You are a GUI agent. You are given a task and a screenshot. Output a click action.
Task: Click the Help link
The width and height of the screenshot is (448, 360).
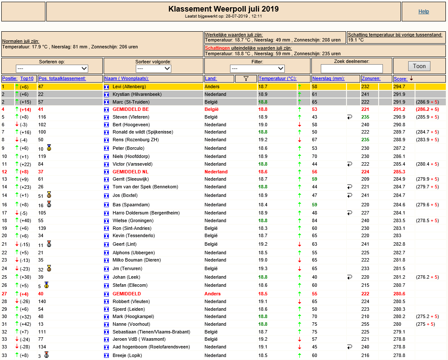pyautogui.click(x=424, y=12)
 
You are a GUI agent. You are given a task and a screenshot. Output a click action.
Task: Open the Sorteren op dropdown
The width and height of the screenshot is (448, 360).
pyautogui.click(x=52, y=68)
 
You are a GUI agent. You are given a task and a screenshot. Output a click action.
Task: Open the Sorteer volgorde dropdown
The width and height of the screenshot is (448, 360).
pyautogui.click(x=153, y=68)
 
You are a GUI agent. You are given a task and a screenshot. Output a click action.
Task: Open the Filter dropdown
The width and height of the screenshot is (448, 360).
pyautogui.click(x=257, y=68)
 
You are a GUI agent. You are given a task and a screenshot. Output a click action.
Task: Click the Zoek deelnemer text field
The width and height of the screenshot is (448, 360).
pyautogui.click(x=352, y=68)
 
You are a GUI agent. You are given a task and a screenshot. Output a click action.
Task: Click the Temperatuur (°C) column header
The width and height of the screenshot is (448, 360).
pyautogui.click(x=278, y=78)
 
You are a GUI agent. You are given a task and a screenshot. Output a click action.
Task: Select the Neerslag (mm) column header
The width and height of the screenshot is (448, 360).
pyautogui.click(x=328, y=78)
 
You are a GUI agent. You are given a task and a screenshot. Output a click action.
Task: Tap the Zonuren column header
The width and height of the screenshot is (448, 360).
pyautogui.click(x=371, y=78)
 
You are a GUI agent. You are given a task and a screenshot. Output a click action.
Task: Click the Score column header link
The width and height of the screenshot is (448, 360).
pyautogui.click(x=400, y=79)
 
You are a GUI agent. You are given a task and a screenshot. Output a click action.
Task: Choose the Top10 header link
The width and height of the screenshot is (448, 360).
pyautogui.click(x=27, y=78)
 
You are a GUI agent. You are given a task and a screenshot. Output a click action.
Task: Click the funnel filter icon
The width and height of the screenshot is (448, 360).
pyautogui.click(x=246, y=78)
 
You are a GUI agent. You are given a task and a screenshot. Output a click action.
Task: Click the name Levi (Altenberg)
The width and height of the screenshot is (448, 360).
pyautogui.click(x=129, y=86)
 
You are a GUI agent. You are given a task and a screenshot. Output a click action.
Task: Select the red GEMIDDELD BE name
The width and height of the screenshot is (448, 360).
pyautogui.click(x=131, y=109)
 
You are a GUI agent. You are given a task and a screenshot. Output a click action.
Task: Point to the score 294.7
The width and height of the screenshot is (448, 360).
pyautogui.click(x=399, y=86)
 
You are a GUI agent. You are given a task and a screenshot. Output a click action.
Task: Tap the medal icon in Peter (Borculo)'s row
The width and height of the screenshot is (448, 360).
pyautogui.click(x=49, y=148)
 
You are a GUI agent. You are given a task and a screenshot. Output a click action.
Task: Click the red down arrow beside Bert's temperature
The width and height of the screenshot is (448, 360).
pyautogui.click(x=299, y=125)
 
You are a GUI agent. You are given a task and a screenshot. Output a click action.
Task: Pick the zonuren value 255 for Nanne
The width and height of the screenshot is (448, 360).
pyautogui.click(x=365, y=324)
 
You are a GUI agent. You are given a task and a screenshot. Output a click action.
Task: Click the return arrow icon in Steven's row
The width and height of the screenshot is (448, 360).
pyautogui.click(x=349, y=117)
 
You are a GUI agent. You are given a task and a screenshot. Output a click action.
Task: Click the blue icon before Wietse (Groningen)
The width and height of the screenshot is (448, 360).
pyautogui.click(x=106, y=221)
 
